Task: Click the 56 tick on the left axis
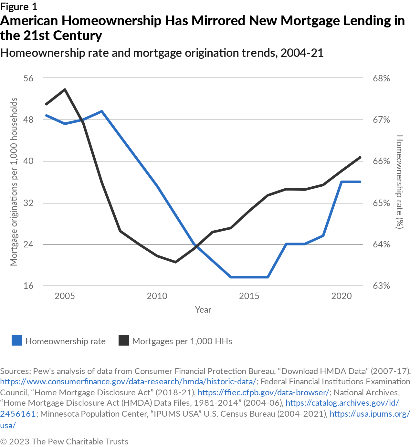[28, 78]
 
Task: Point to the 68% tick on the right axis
[381, 78]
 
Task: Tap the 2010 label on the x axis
[157, 296]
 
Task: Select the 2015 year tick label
[249, 296]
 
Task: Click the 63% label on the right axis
[381, 286]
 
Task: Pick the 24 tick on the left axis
[28, 244]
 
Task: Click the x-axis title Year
[203, 309]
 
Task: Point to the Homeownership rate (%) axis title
[400, 182]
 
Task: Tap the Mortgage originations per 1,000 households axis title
[14, 182]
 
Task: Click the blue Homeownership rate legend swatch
[17, 341]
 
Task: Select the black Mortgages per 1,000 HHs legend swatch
[124, 341]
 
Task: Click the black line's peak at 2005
[65, 89]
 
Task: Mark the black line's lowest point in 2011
[175, 262]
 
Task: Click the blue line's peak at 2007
[102, 111]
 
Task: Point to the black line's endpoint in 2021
[360, 157]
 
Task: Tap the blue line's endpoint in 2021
[360, 182]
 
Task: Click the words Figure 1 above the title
[19, 6]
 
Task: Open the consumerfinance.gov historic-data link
[128, 381]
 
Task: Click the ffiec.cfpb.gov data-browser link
[263, 392]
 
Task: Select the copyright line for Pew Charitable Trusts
[64, 442]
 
